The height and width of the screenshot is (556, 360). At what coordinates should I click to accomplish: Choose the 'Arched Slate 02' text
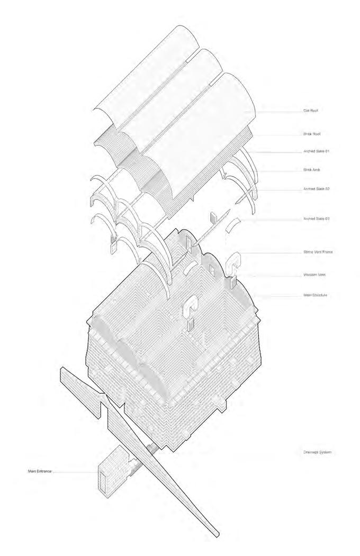click(316, 189)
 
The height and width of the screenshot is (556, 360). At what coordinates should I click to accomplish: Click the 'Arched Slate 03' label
click(316, 218)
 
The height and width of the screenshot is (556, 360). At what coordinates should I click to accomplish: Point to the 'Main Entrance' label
click(40, 470)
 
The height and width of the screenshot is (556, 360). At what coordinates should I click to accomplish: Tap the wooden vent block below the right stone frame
click(232, 282)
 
